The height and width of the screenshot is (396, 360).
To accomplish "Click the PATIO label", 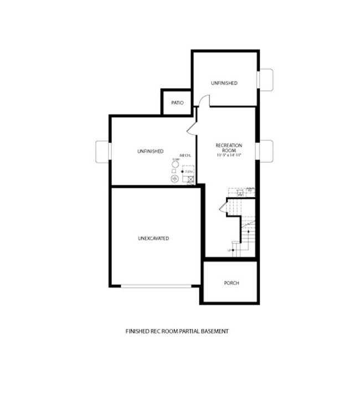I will (177, 102).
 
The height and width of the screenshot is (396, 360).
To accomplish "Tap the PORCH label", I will (232, 283).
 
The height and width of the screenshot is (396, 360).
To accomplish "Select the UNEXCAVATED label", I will (153, 238).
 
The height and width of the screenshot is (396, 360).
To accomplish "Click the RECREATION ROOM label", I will (229, 148).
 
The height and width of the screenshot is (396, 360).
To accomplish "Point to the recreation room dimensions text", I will (229, 156).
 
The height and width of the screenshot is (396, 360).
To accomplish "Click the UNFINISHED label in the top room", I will (224, 83).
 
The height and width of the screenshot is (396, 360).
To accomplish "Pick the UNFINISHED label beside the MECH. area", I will (150, 151).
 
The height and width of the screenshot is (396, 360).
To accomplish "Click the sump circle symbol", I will (175, 164).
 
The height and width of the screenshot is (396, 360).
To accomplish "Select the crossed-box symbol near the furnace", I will (191, 179).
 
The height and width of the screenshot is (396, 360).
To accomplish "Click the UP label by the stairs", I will (229, 251).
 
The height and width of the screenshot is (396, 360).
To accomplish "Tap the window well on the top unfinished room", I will (266, 79).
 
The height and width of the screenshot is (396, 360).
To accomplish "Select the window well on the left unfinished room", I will (103, 151).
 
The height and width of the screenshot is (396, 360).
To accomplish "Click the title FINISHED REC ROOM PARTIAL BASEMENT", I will (177, 331).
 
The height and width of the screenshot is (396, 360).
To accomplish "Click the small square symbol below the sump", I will (174, 172).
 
